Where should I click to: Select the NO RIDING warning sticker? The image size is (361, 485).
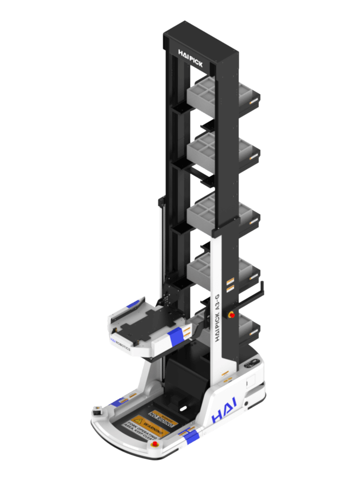(162, 414)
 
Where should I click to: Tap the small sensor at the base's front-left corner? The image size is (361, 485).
(97, 411)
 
